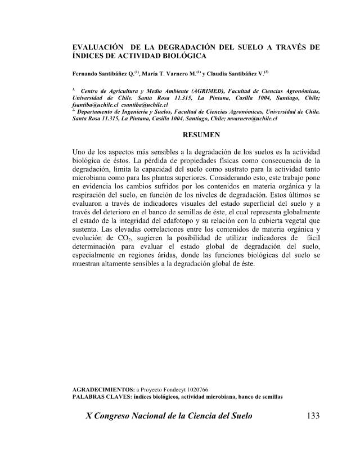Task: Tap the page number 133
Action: click(310, 416)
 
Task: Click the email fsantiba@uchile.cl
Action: click(93, 105)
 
